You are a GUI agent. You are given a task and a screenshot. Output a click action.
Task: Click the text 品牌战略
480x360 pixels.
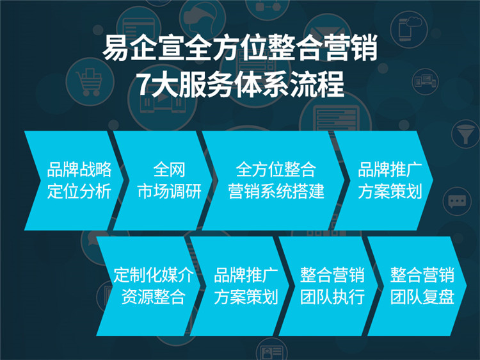[79, 170]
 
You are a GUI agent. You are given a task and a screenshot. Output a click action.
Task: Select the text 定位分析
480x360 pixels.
[79, 191]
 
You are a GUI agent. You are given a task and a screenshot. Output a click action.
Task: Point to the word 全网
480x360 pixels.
[169, 170]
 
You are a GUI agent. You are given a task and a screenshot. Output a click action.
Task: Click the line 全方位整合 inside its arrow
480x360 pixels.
[276, 170]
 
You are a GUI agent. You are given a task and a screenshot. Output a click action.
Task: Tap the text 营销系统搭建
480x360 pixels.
[276, 191]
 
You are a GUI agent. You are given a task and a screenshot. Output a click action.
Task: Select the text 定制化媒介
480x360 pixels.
[153, 275]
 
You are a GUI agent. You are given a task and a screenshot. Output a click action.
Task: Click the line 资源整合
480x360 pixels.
[153, 297]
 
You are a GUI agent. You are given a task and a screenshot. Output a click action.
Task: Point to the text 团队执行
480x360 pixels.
[332, 297]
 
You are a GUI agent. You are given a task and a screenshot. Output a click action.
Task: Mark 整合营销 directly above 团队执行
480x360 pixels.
[332, 275]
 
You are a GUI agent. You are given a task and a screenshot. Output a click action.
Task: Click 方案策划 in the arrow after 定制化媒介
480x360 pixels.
[245, 297]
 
